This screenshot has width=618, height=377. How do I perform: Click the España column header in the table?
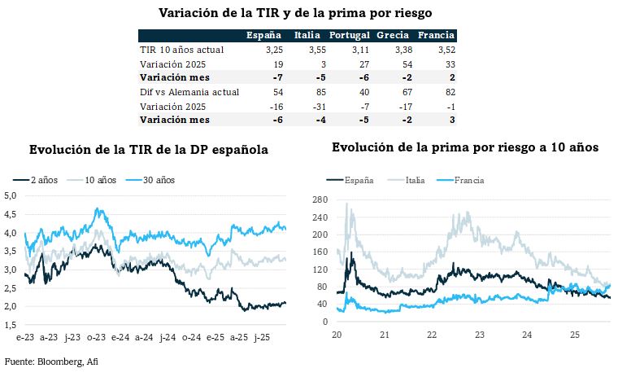coord(263,36)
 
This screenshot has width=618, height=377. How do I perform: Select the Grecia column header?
coord(392,36)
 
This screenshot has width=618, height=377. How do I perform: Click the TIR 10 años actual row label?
coord(181,50)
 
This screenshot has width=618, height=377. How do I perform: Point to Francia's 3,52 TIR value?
coord(437,50)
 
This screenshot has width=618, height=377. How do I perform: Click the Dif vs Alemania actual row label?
coord(189,92)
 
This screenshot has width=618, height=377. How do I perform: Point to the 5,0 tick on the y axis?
coord(11,195)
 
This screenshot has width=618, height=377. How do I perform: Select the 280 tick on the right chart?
coord(320,199)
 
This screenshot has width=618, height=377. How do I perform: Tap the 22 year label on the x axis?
coord(432,335)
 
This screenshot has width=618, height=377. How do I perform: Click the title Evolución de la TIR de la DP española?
coord(149,150)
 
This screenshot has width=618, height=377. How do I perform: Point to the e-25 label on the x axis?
coord(215,336)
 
